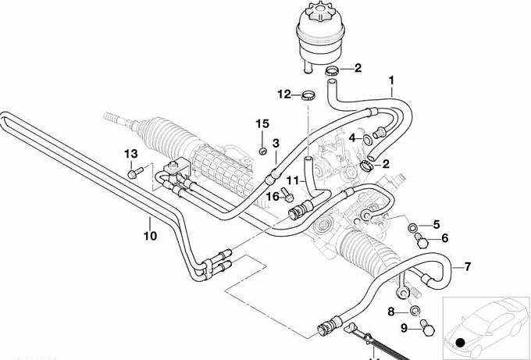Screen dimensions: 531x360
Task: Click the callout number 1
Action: [391, 80]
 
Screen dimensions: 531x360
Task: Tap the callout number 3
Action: [276, 143]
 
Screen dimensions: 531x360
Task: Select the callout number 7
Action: [467, 267]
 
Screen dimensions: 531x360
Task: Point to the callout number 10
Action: [151, 236]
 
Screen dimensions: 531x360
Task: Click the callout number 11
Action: [293, 180]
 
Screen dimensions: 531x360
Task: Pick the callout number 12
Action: [284, 94]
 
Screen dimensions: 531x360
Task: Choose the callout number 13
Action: [131, 154]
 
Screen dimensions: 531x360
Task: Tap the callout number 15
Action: [262, 124]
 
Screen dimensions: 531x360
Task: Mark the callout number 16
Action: [273, 197]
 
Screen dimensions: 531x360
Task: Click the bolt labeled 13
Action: [135, 172]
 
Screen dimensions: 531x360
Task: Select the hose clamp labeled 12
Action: [308, 95]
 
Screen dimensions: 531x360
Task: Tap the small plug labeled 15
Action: [262, 151]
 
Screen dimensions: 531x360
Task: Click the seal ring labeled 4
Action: [367, 139]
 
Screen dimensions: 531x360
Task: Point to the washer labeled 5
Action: [412, 227]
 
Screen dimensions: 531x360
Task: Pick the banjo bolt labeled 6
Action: [421, 240]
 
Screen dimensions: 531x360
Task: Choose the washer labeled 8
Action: [415, 310]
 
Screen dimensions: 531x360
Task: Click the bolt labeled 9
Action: [427, 327]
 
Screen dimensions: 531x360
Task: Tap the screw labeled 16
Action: [287, 194]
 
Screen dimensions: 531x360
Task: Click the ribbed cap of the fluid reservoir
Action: [320, 12]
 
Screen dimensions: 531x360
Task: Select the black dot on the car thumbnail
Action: [460, 342]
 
